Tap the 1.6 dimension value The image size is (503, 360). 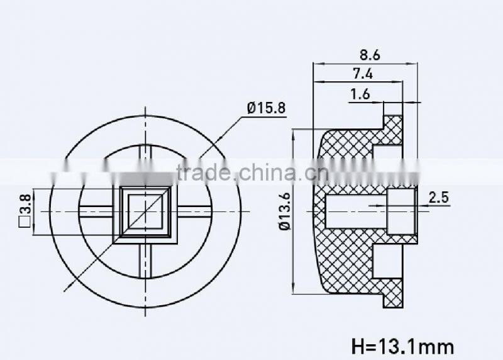coord(360,94)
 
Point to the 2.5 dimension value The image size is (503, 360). coord(438,198)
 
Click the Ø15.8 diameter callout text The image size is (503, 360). coord(266,108)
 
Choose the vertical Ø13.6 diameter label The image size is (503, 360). coord(284,210)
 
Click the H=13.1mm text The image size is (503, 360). coord(401,346)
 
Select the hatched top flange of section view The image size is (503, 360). coord(394,130)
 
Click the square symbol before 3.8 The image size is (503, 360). coord(25,221)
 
